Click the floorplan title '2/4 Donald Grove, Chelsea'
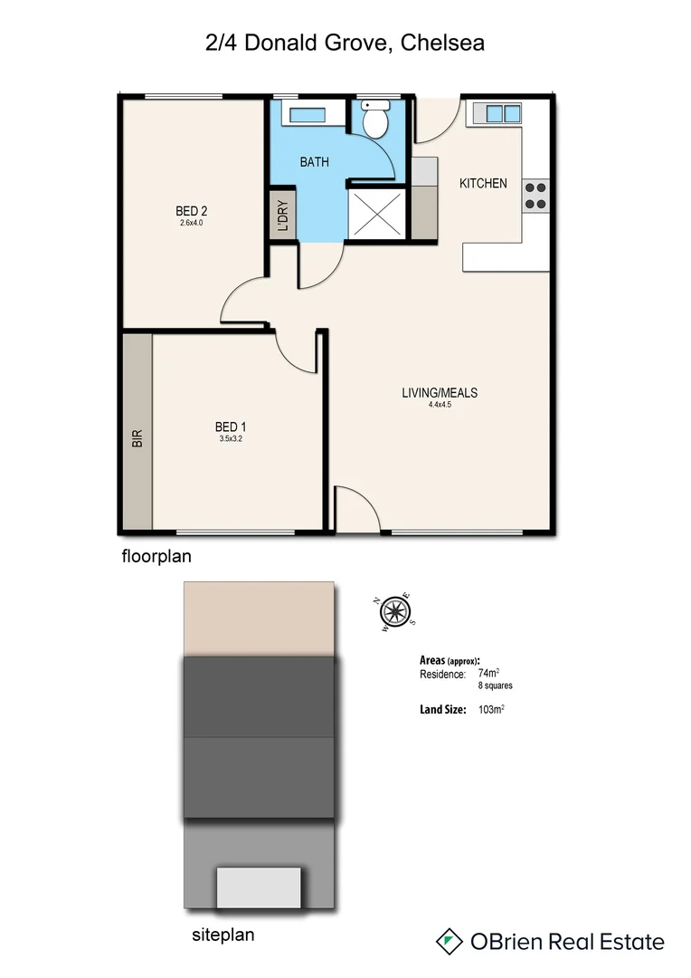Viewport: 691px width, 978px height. [345, 42]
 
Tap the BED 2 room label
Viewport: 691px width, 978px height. [192, 211]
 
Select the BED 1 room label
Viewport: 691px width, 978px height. [231, 427]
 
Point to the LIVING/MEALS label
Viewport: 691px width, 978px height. [440, 393]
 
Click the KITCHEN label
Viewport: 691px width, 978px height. [483, 184]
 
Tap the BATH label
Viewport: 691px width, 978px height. [315, 162]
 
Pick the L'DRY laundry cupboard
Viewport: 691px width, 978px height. [282, 216]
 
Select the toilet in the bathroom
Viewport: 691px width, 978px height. [374, 118]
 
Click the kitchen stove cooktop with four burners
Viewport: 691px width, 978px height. [535, 195]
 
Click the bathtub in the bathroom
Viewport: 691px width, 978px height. [309, 114]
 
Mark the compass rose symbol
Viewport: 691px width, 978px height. [394, 612]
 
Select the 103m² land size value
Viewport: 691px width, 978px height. [490, 710]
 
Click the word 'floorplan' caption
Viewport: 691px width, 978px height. [156, 557]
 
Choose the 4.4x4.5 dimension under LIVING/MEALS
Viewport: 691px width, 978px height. [440, 405]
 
